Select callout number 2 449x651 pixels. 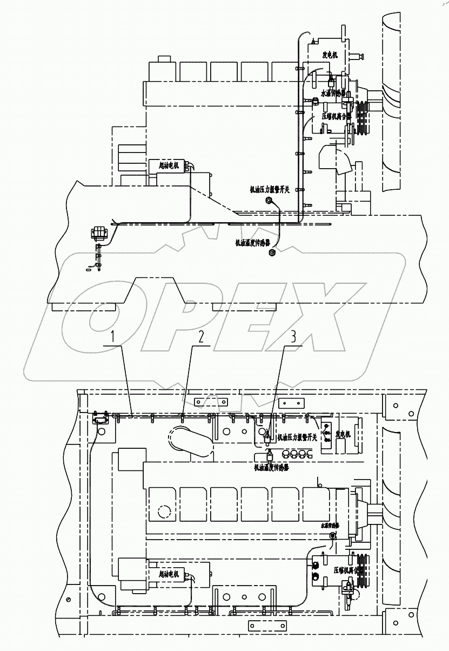click(x=200, y=338)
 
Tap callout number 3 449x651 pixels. click(x=293, y=337)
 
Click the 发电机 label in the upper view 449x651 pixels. click(x=330, y=55)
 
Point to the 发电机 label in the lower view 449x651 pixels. click(x=344, y=434)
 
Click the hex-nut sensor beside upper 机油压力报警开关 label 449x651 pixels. click(x=269, y=201)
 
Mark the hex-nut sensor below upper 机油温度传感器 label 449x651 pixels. click(x=273, y=253)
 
